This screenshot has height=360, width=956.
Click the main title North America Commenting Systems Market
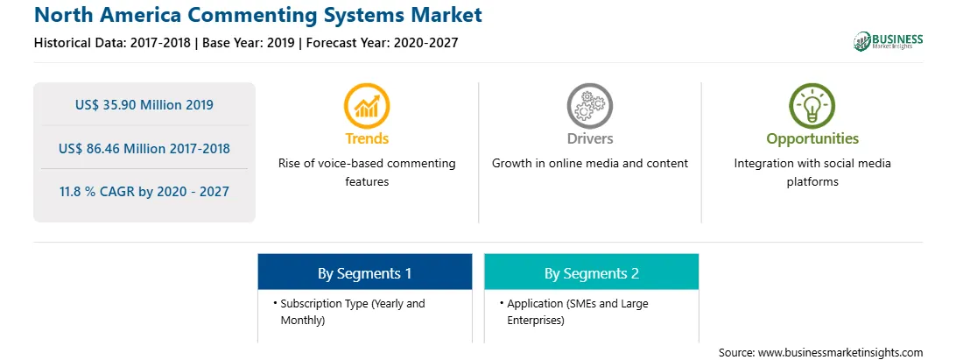(x=258, y=15)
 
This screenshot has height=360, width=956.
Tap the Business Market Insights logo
(x=889, y=41)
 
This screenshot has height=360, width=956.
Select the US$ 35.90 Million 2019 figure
(x=144, y=105)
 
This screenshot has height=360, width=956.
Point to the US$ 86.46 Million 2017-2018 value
(x=144, y=148)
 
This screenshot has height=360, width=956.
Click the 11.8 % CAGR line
(x=144, y=192)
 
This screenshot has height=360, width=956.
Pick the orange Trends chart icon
(x=367, y=106)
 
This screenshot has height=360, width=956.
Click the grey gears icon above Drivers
(x=589, y=106)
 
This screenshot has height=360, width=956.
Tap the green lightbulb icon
(x=812, y=106)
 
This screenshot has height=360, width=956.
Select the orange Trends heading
(x=367, y=138)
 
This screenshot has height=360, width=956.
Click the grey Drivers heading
(x=589, y=138)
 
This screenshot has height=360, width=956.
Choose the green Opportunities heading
(x=812, y=139)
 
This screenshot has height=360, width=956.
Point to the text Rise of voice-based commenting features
(x=367, y=173)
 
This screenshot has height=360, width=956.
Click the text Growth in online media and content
(x=589, y=164)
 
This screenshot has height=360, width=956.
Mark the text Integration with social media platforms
(x=812, y=173)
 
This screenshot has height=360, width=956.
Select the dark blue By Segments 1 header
(x=364, y=272)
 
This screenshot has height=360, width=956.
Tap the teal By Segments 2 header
(x=592, y=272)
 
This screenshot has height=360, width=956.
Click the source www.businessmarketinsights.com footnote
(x=820, y=353)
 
